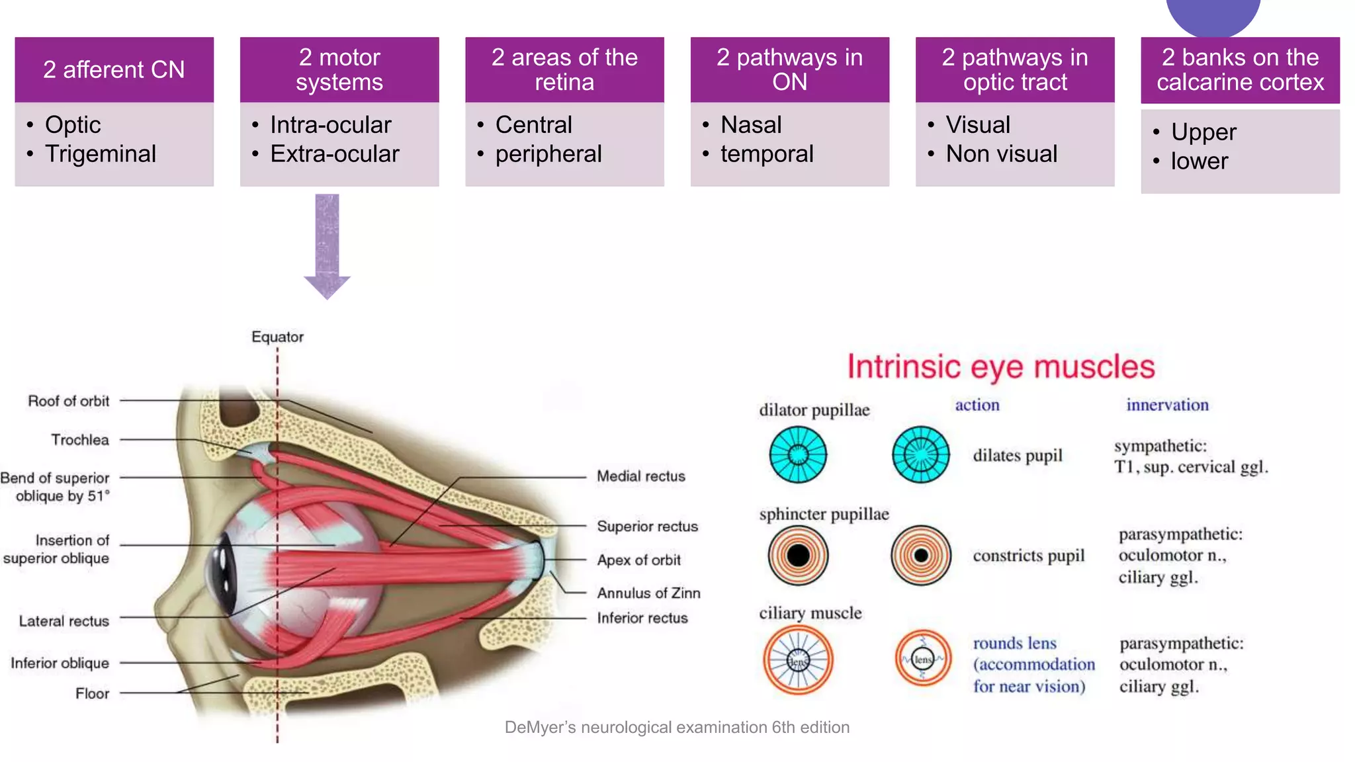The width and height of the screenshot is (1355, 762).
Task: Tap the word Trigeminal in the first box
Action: (x=101, y=154)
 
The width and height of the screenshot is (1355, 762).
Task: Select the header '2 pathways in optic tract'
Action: (x=1014, y=69)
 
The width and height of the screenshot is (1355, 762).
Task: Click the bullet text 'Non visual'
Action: (x=1001, y=154)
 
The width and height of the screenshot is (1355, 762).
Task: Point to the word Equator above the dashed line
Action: (x=277, y=337)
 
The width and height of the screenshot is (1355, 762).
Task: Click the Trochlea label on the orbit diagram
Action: (x=80, y=440)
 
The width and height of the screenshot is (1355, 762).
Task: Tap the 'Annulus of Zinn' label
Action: (x=648, y=593)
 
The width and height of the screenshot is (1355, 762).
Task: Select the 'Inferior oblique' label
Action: (x=60, y=663)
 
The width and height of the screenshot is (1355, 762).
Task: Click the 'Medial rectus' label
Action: (x=640, y=476)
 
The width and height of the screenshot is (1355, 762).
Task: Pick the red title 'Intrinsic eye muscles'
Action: (x=1000, y=366)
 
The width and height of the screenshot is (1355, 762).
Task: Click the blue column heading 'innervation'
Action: (x=1167, y=405)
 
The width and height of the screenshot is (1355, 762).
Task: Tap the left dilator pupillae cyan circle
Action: (x=798, y=454)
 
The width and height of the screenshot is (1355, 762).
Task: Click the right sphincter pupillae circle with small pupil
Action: (x=920, y=555)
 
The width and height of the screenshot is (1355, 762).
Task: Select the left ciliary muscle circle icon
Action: (x=798, y=660)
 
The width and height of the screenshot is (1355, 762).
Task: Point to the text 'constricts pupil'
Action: (x=1028, y=556)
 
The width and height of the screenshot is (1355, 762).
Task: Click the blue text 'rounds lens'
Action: (x=1014, y=643)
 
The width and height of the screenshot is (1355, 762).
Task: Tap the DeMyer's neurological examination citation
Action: (x=677, y=728)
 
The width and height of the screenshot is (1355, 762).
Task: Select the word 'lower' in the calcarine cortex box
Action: (x=1199, y=161)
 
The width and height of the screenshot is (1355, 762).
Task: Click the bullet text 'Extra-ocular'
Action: (x=335, y=154)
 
